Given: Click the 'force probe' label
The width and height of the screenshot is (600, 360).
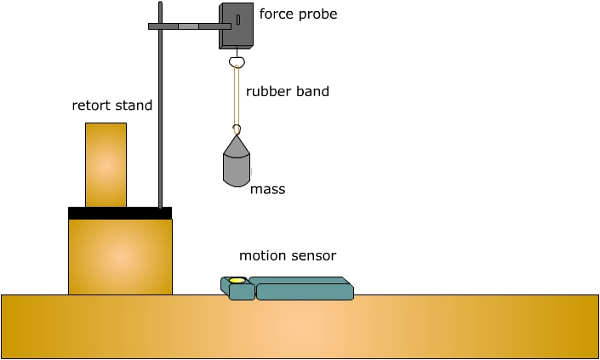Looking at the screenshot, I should [298, 14].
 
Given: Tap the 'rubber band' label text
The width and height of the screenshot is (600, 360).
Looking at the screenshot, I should [288, 91].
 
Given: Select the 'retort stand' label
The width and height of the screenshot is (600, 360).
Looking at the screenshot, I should [112, 106].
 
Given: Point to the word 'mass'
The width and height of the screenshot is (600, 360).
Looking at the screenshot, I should [267, 190].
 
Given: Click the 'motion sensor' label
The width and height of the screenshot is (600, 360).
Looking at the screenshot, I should [288, 255].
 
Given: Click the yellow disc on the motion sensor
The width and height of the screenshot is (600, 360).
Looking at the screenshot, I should [237, 280].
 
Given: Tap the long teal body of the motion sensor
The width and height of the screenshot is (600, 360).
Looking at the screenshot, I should [304, 291].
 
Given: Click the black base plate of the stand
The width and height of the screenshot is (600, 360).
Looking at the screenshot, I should [120, 213].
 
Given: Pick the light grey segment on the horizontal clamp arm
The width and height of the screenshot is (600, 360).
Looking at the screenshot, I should [188, 26].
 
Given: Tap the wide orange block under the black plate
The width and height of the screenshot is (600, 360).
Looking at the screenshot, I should [120, 256].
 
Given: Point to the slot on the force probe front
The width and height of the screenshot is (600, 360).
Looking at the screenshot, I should [238, 18].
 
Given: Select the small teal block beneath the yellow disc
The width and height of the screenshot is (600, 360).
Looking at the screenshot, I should [242, 292].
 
